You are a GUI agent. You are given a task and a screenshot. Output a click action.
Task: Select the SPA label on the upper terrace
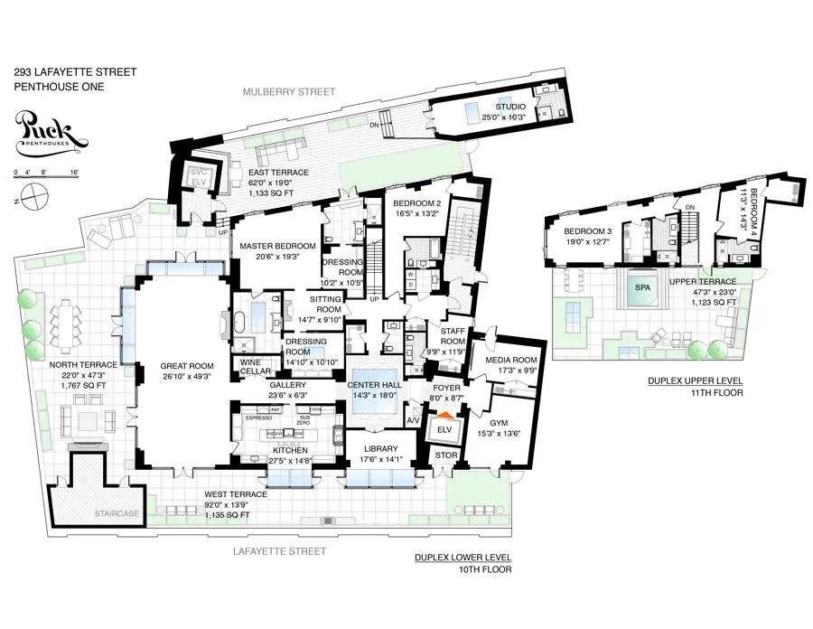click(x=642, y=286)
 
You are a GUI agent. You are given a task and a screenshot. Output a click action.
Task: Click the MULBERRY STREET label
click(x=293, y=91)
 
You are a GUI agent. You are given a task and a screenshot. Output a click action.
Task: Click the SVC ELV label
click(x=198, y=176)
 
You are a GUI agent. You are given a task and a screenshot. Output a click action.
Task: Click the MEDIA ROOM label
click(x=512, y=361)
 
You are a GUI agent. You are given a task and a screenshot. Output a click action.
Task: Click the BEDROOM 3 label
click(x=580, y=231)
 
